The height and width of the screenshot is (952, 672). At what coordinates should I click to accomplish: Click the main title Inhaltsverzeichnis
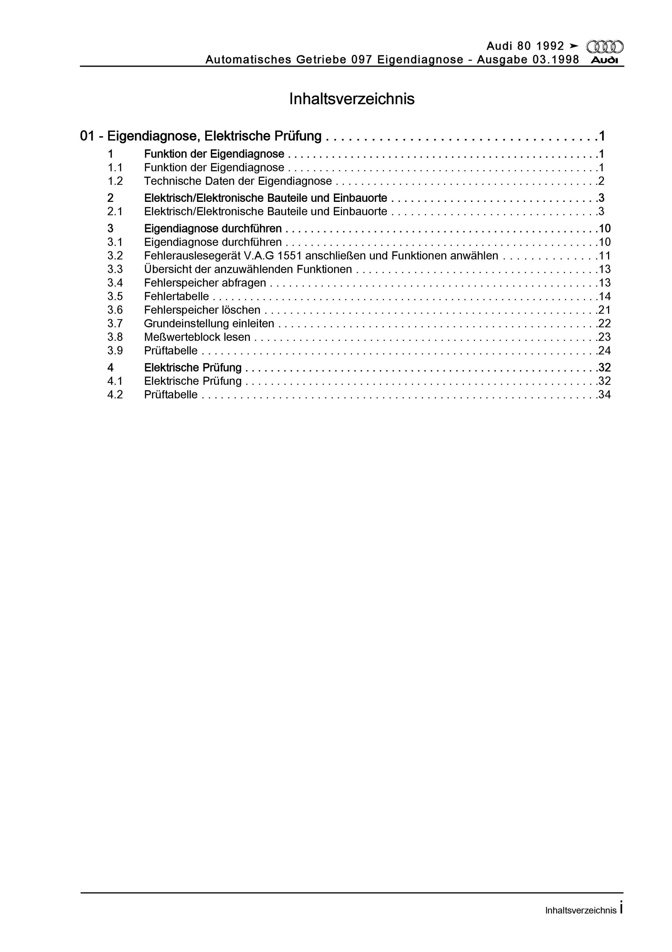352,99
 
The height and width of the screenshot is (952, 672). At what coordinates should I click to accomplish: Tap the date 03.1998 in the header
556,60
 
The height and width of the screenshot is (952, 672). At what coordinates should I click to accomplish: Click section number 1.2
115,181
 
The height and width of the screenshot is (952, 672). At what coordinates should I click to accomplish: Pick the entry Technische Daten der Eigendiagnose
238,181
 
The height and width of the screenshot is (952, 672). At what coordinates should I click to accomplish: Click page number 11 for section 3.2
604,256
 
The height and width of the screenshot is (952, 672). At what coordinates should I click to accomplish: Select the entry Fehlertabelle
176,296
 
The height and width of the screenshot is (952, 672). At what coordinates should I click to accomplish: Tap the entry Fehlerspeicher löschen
202,310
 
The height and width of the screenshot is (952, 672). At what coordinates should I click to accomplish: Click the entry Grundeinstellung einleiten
209,323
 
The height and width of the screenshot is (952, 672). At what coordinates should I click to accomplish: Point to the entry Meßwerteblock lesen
197,337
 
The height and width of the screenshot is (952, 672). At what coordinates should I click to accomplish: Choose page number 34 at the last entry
604,395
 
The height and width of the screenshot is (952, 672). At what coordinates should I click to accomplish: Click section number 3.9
115,351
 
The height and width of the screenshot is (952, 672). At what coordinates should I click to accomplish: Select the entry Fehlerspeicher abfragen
205,283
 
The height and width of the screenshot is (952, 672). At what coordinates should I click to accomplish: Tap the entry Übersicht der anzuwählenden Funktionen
248,270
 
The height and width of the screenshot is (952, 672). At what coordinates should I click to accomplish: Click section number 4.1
115,381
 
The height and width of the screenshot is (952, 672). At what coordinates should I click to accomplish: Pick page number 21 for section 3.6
604,310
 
